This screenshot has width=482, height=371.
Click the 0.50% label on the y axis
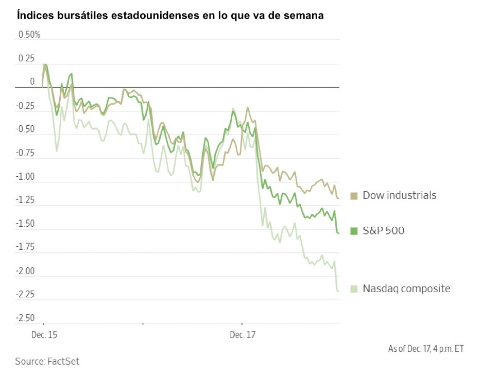(x=29, y=35)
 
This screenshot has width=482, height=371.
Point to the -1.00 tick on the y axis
(x=26, y=177)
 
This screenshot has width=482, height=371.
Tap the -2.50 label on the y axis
(x=26, y=318)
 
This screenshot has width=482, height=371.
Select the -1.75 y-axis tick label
(x=26, y=247)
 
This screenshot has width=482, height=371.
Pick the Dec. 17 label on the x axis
(x=242, y=335)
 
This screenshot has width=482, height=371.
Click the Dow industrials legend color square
(x=354, y=196)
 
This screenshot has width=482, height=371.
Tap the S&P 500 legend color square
(x=354, y=231)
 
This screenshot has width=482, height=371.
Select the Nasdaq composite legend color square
(x=354, y=289)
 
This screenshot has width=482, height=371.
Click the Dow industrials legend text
(x=399, y=195)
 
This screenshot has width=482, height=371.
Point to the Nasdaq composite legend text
(x=406, y=289)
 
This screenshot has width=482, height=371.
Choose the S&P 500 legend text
(x=384, y=230)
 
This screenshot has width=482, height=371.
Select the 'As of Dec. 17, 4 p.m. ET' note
(x=425, y=349)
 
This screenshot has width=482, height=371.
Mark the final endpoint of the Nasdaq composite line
(x=339, y=292)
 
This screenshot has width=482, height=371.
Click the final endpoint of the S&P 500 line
(x=339, y=234)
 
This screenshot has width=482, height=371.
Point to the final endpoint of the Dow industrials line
(x=339, y=198)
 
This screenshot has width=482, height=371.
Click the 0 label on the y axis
(x=32, y=82)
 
